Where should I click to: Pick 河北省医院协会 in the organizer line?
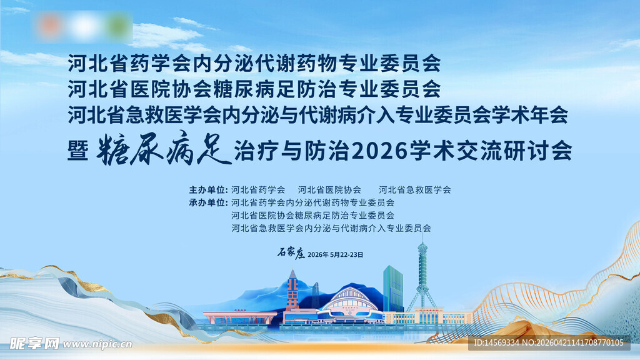click(x=329, y=189)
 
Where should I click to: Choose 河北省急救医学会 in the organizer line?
click(x=414, y=189)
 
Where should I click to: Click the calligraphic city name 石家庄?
click(x=291, y=254)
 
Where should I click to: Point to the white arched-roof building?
click(x=350, y=303)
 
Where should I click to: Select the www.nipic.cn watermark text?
click(x=97, y=344)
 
